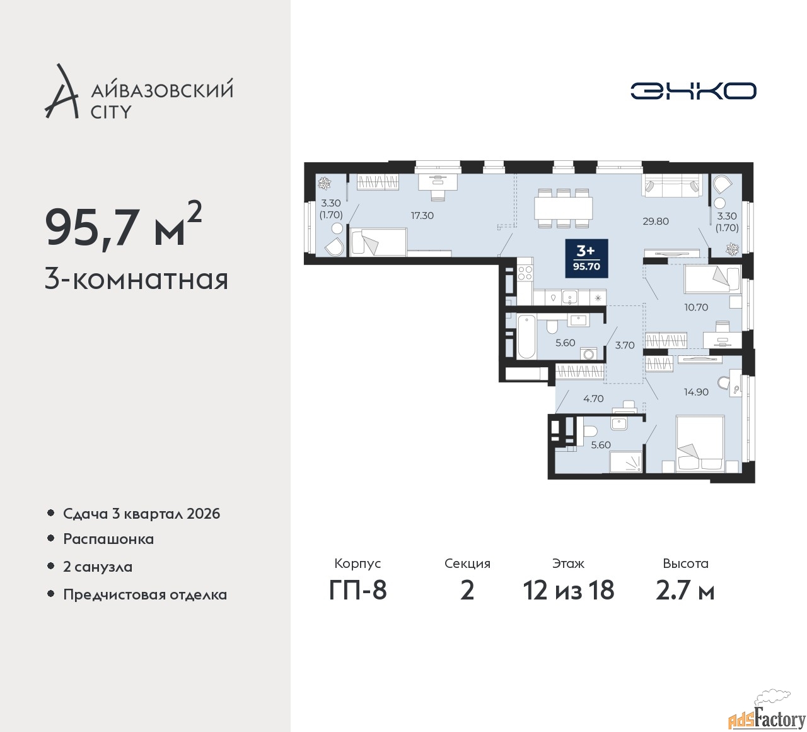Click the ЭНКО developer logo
coord(693,91)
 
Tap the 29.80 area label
coord(656,221)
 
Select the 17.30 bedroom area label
coord(422,215)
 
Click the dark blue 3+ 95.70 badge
coord(586,258)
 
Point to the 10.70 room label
coord(697,307)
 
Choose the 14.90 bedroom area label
coord(696,392)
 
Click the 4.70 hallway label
coord(593,399)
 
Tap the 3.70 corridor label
coord(625,345)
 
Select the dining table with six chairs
coord(563,208)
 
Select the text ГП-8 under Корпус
coord(357,590)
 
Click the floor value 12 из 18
coord(569,590)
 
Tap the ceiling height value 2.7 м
coord(685,590)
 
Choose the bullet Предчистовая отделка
coord(145,594)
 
